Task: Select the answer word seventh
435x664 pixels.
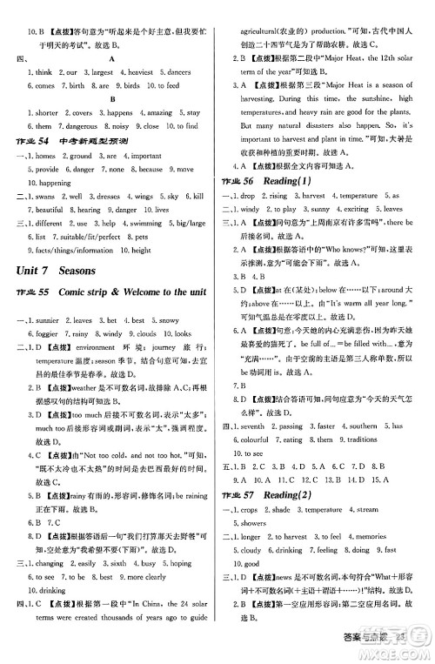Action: [258, 426]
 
